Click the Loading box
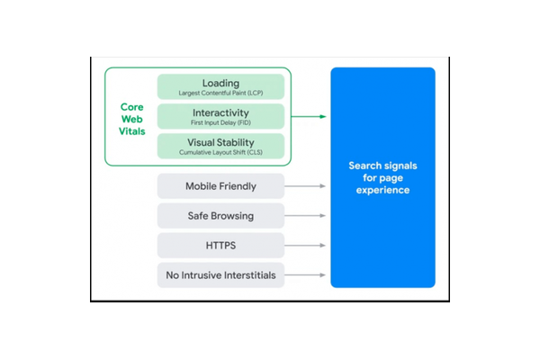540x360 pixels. [220, 86]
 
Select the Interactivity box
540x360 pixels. [220, 116]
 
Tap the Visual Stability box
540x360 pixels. [220, 146]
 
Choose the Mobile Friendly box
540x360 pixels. [220, 186]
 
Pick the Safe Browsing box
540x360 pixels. [220, 216]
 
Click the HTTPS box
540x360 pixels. [220, 245]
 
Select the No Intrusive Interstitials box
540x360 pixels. [220, 274]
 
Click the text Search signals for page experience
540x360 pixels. [382, 178]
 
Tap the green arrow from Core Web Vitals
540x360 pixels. [309, 117]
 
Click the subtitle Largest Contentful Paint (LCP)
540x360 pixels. [220, 93]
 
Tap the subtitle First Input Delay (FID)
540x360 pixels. [220, 122]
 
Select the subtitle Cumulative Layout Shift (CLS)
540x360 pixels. [220, 152]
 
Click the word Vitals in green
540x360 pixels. [132, 130]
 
